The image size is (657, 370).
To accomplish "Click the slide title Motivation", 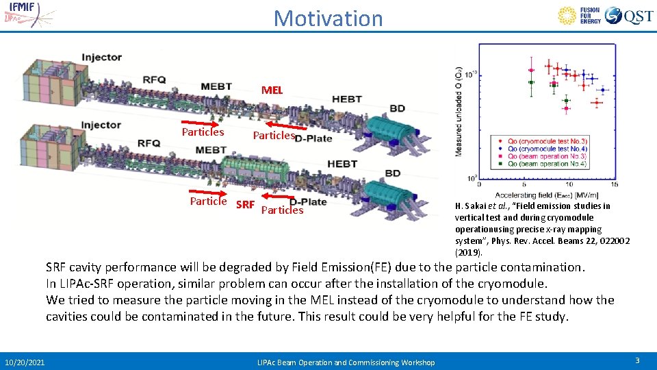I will click(328, 18).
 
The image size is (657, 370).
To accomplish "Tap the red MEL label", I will click(272, 90).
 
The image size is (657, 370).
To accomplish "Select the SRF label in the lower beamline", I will click(244, 205).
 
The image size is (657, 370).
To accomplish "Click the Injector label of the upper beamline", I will click(101, 58).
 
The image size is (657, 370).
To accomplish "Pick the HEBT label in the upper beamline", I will click(346, 99).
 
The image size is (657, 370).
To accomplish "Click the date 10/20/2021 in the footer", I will click(25, 362).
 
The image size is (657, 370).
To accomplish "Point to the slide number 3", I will click(636, 360).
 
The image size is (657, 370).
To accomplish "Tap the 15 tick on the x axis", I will click(614, 184).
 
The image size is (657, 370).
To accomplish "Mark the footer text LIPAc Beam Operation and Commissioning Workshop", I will click(346, 362).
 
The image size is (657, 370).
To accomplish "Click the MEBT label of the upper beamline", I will click(216, 86).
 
